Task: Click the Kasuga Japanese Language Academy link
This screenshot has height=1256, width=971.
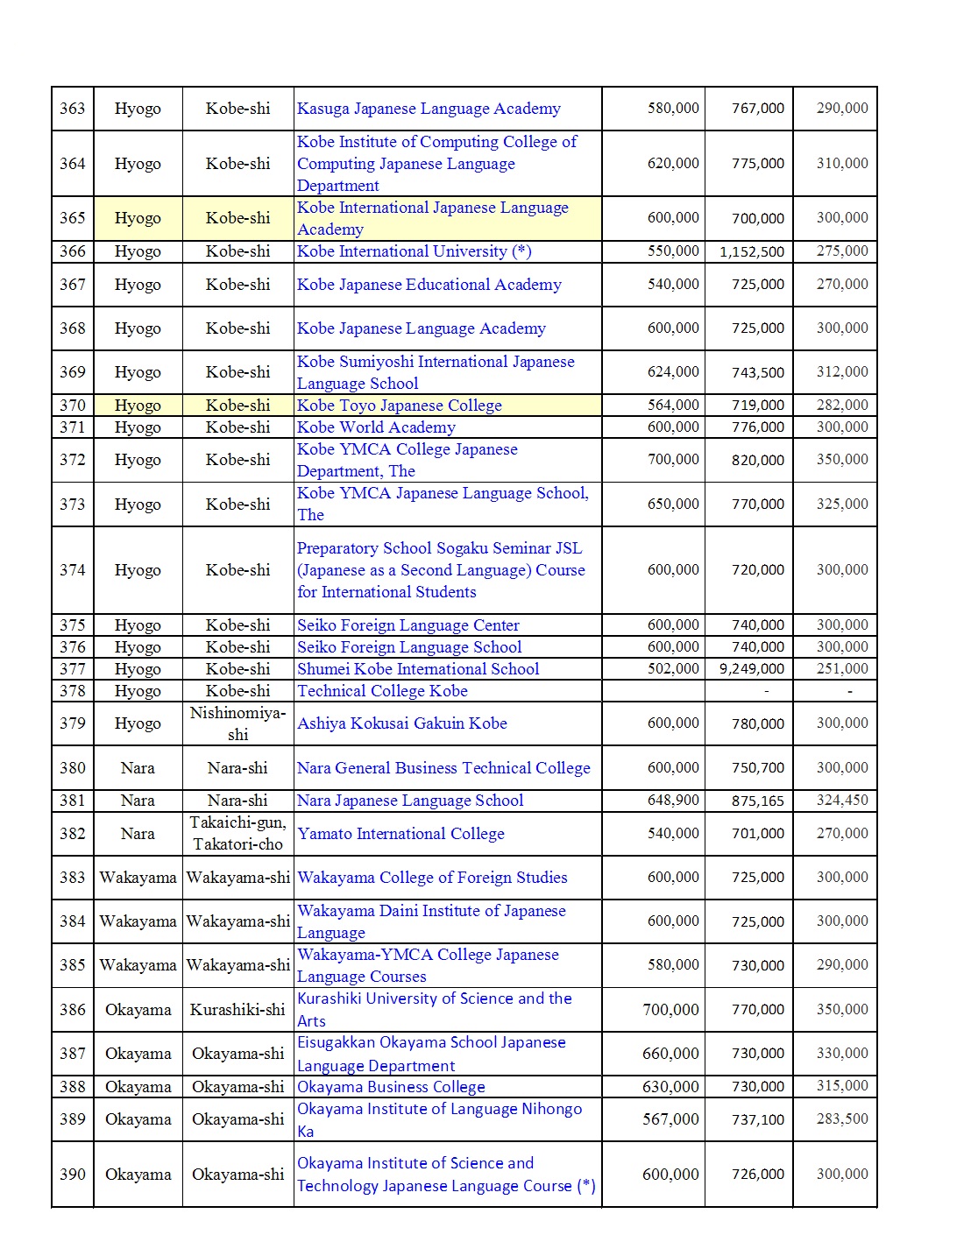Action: point(429,109)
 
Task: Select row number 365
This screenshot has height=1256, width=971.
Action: point(73,218)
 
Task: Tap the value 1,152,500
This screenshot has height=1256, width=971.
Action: point(751,252)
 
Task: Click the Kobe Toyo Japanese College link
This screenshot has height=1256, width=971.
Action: point(400,406)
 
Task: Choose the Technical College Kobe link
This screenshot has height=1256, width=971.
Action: point(382,691)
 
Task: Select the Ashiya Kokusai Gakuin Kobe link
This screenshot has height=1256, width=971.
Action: point(402,723)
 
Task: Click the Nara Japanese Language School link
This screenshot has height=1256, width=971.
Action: point(410,801)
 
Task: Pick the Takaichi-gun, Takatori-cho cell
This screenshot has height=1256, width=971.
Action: point(237,833)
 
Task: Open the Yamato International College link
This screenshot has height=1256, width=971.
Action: point(400,834)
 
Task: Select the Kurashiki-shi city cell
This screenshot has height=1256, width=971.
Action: point(237,1010)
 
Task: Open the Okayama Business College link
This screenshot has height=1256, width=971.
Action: point(391,1087)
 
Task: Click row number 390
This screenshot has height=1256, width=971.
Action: point(73,1175)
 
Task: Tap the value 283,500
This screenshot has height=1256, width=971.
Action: point(842,1119)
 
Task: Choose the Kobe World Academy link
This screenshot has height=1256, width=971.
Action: point(376,427)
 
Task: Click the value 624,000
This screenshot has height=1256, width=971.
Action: point(673,372)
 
